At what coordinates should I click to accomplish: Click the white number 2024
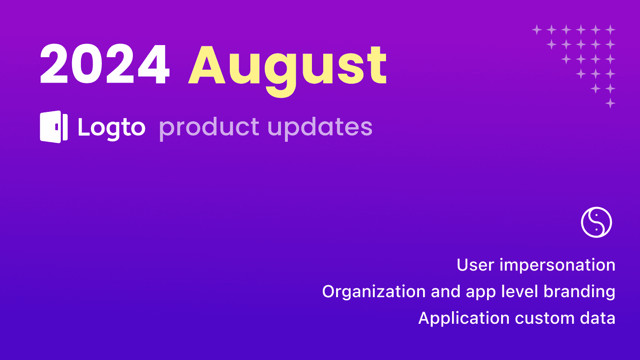click(x=105, y=64)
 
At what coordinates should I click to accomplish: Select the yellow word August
click(x=287, y=66)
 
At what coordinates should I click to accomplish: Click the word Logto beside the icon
click(x=111, y=128)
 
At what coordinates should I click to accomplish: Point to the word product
click(x=209, y=128)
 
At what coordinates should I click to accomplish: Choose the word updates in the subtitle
click(x=320, y=128)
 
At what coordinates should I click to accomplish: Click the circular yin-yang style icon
click(x=596, y=222)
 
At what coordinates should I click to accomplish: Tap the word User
click(x=475, y=265)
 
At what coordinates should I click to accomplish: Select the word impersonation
click(x=557, y=265)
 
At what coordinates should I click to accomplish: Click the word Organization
click(x=374, y=292)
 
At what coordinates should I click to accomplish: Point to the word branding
click(x=579, y=292)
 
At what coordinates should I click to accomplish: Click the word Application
click(x=464, y=319)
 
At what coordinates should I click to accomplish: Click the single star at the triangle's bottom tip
click(x=610, y=103)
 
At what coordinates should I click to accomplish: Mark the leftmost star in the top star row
click(x=537, y=29)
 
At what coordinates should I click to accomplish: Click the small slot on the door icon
click(x=56, y=127)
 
